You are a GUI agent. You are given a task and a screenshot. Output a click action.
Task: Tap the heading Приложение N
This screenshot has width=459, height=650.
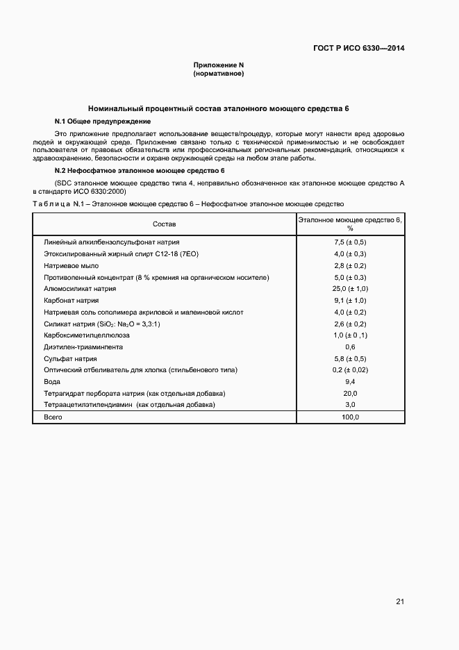(x=219, y=65)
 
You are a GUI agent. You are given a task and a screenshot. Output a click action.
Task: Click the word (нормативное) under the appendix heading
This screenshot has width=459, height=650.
(x=219, y=73)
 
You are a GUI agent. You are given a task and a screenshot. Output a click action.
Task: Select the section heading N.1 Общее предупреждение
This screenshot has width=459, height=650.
(x=98, y=121)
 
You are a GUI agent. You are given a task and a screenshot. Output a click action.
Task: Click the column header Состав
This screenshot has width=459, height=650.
(x=165, y=224)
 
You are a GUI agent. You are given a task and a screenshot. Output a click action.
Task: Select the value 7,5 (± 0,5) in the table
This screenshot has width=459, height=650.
(x=350, y=242)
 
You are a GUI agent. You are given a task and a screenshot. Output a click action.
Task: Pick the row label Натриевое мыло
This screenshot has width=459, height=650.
(x=71, y=265)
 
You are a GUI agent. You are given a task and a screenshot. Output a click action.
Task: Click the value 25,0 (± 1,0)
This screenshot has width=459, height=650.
(x=350, y=289)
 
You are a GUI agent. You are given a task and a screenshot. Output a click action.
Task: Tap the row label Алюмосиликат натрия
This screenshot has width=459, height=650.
(x=80, y=289)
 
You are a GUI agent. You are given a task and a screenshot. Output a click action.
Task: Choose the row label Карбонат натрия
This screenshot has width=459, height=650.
(x=71, y=301)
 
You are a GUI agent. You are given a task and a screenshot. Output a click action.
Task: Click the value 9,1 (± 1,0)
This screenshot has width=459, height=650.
(x=350, y=301)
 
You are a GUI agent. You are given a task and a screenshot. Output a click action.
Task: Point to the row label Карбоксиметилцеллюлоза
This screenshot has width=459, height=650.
(x=87, y=335)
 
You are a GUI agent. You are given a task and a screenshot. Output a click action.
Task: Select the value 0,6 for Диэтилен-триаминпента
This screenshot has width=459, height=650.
(x=350, y=347)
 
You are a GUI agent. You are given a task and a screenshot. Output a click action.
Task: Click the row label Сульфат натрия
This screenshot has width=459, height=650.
(x=70, y=358)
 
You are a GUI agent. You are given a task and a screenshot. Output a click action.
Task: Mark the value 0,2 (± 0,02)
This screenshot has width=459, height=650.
(x=350, y=370)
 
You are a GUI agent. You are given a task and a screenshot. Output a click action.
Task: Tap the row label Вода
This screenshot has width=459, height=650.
(x=52, y=382)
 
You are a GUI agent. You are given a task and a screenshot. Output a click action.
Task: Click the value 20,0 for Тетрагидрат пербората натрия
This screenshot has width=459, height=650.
(x=350, y=394)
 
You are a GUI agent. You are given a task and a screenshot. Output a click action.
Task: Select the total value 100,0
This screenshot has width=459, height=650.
(x=350, y=417)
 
